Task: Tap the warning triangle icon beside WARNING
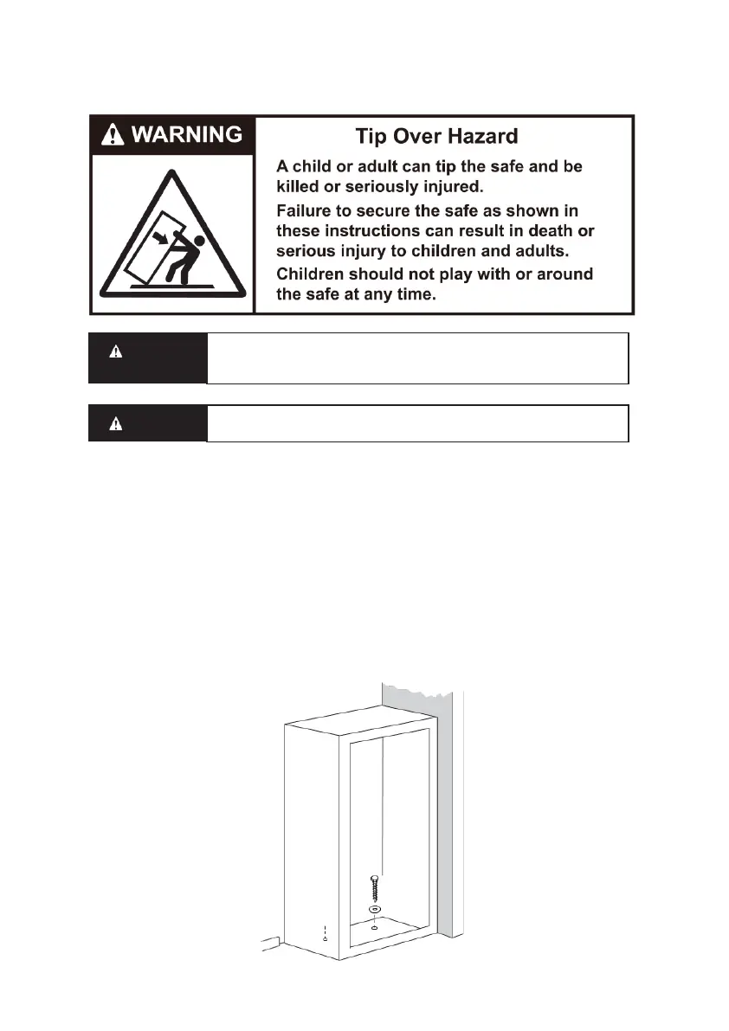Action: [x=113, y=134]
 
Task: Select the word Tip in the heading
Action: [x=372, y=136]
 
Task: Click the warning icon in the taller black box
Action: [x=115, y=352]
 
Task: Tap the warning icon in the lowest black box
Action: [x=115, y=424]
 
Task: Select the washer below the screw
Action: [x=374, y=911]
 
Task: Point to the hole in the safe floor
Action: [x=374, y=928]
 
